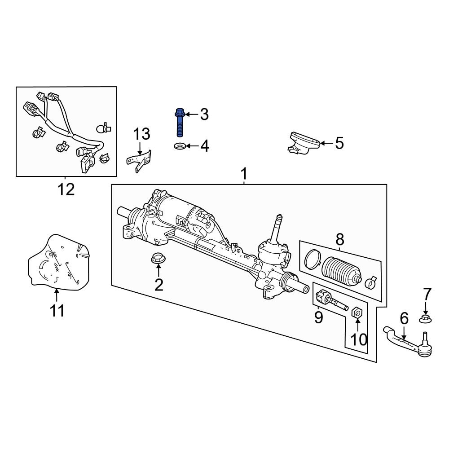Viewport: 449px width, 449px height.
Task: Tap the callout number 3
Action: (204, 114)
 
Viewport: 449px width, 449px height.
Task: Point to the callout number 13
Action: (141, 134)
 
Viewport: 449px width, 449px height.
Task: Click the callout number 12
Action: (66, 189)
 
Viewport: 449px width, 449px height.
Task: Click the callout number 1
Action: (244, 173)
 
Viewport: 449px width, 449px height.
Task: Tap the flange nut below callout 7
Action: (426, 319)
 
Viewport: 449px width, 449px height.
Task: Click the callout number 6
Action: (404, 318)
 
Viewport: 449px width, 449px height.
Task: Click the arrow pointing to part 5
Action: (326, 144)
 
